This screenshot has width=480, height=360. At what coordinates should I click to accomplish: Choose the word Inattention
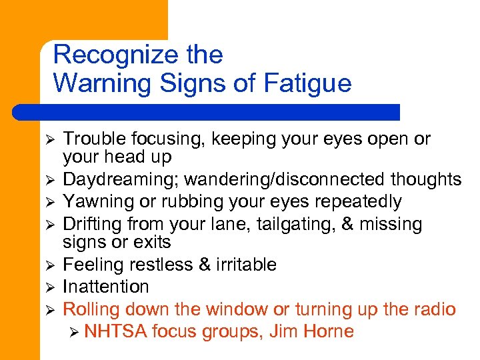coord(105,287)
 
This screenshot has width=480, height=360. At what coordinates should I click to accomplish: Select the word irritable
coord(245,265)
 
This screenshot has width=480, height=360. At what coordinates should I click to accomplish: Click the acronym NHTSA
coord(115,331)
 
